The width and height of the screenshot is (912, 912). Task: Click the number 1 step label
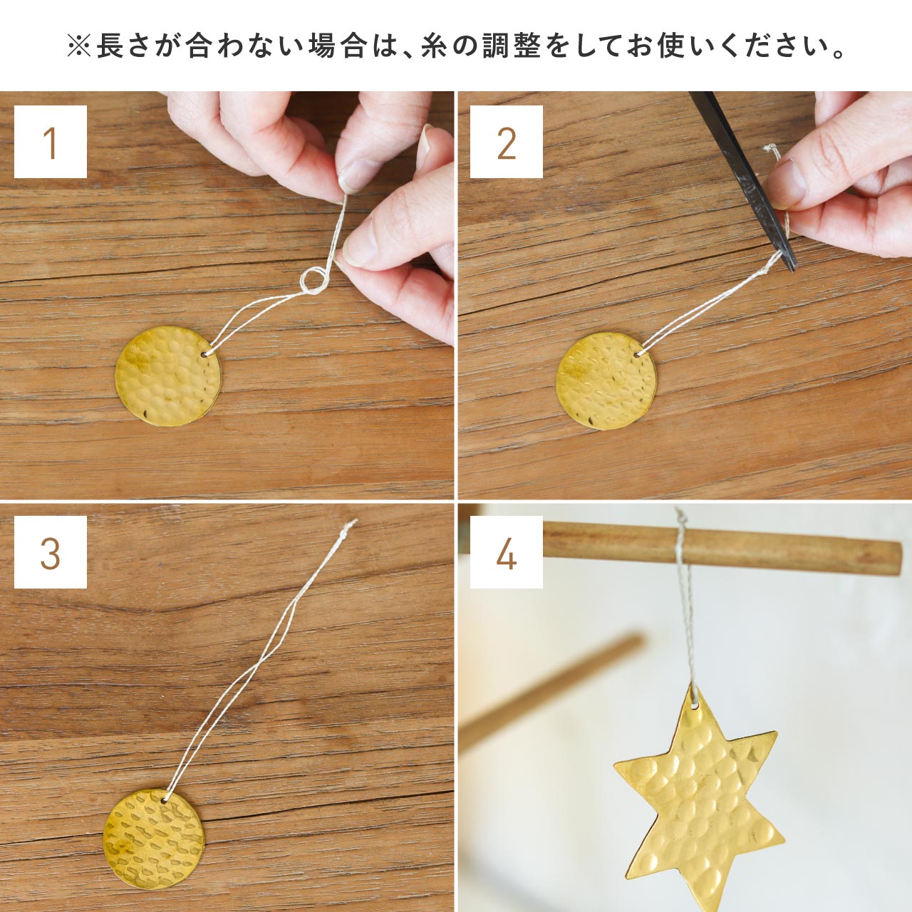(x=51, y=142)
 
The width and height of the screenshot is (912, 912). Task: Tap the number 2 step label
(x=507, y=142)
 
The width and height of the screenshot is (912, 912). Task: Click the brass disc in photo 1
(x=168, y=375)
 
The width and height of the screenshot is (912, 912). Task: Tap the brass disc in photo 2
(x=607, y=381)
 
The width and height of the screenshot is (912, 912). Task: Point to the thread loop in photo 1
(x=315, y=281)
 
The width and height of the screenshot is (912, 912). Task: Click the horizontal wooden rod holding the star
(x=722, y=548)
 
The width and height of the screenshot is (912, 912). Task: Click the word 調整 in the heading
(x=512, y=47)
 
